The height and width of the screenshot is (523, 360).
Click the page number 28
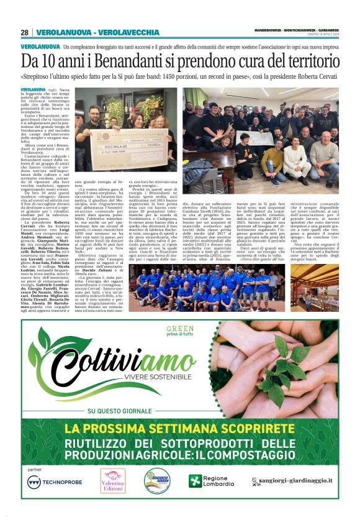pyautogui.click(x=24, y=32)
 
